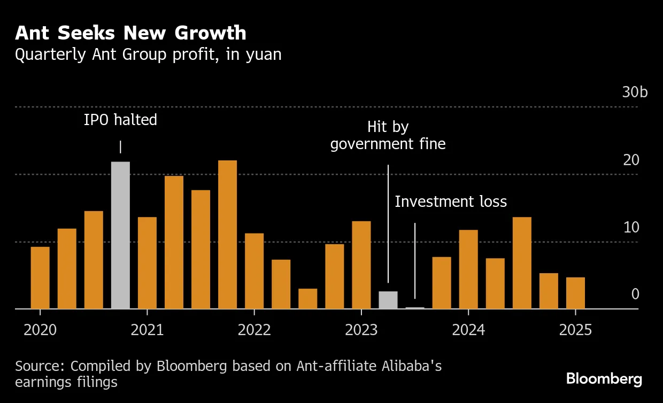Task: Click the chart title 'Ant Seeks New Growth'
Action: pos(130,33)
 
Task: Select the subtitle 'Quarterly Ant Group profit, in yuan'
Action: pos(148,55)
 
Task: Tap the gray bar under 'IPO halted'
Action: pos(120,235)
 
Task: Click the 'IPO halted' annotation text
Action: pos(120,120)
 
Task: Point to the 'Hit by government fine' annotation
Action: pos(388,136)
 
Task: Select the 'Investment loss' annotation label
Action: pos(451,202)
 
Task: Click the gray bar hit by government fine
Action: pos(388,300)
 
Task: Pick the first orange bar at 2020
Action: pos(40,277)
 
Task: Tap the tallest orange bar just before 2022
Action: pos(227,234)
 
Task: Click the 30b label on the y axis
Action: pos(635,92)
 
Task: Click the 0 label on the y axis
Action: pos(635,294)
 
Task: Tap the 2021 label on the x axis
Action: pos(147,330)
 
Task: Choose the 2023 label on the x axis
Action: pos(361,330)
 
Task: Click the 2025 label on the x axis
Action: pos(575,330)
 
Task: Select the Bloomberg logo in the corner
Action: pos(604,379)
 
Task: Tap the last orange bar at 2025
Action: pos(575,293)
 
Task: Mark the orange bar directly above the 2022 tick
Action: pos(254,271)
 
